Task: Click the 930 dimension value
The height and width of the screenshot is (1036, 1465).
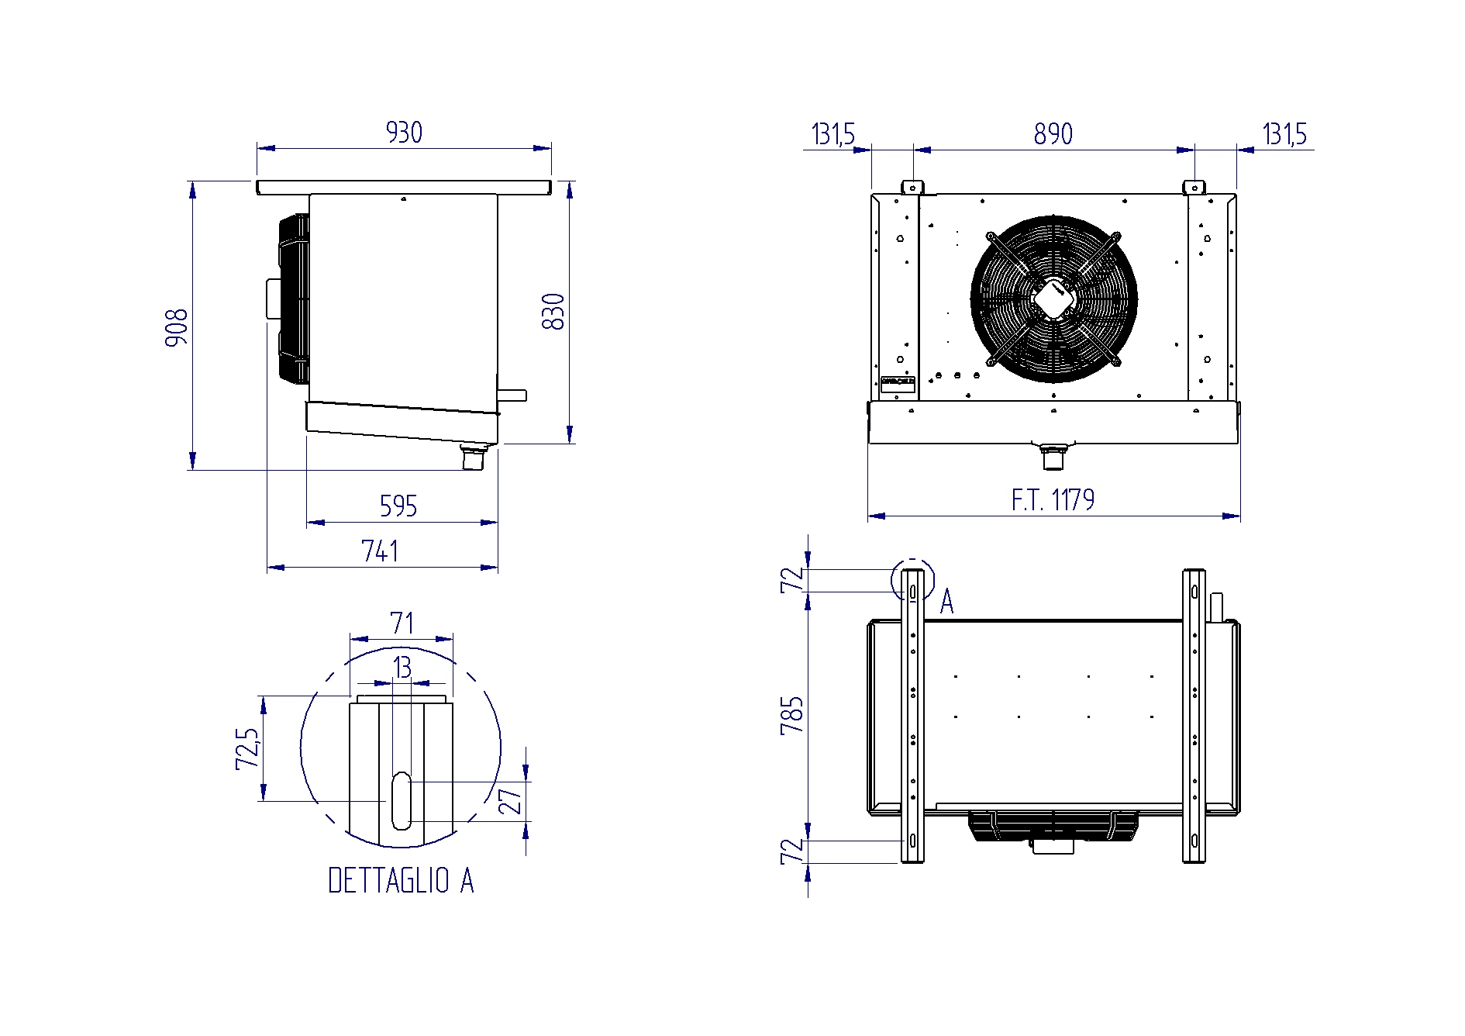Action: [404, 133]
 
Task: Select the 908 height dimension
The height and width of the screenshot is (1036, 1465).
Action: [177, 327]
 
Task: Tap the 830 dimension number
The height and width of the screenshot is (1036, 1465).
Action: [553, 312]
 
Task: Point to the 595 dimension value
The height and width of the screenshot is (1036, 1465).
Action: [398, 506]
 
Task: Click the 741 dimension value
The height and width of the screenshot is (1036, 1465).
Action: [380, 551]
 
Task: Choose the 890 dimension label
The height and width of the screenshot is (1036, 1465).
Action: [1053, 134]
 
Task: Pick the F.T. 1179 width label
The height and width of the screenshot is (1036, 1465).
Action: [1053, 500]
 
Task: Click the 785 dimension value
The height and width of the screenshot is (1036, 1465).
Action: [793, 716]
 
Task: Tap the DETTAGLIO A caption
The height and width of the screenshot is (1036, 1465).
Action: [401, 881]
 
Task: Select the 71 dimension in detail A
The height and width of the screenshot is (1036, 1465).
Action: [402, 623]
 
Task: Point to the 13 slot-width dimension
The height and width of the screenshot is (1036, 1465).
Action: [402, 668]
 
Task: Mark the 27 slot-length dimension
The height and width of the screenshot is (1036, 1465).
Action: [511, 801]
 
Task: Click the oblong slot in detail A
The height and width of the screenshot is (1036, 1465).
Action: [401, 800]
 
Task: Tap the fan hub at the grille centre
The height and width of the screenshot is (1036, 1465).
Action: [1053, 299]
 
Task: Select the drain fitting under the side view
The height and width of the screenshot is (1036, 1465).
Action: [472, 456]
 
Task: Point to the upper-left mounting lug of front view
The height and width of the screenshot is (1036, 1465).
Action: [913, 187]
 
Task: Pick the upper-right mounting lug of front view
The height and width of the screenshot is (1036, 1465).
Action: [1194, 187]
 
